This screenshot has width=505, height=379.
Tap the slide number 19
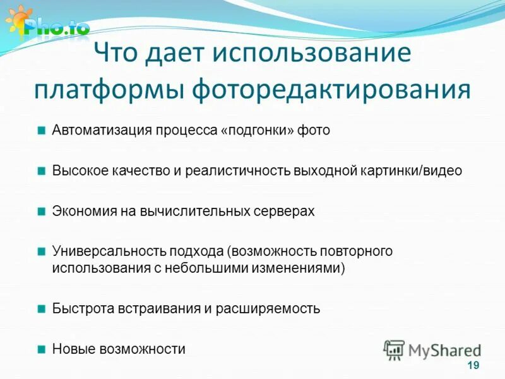pos(473,366)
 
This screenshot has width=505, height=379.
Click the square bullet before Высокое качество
pos(41,171)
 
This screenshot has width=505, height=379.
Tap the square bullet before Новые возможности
pos(41,349)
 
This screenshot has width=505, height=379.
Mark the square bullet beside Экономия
pos(41,211)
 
